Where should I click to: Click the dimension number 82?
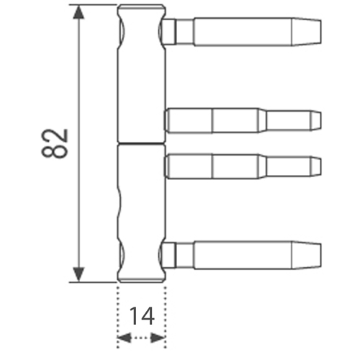coord(55,143)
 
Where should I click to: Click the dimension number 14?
coord(142,316)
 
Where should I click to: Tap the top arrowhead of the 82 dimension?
coord(78,12)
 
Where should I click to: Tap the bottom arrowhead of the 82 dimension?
coord(78,274)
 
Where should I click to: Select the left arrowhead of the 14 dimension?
coord(125,338)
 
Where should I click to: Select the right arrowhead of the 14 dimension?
coord(158,338)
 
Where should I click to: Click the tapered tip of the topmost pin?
coord(306,32)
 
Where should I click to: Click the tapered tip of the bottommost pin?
coord(306,255)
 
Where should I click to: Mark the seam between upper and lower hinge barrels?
coord(142,143)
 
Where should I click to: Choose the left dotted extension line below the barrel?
coord(117,318)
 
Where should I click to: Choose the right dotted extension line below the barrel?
coord(166,318)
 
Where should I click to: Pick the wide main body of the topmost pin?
coord(243,32)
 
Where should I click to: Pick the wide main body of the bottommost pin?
coord(243,255)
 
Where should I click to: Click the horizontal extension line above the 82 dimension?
coord(93,4)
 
